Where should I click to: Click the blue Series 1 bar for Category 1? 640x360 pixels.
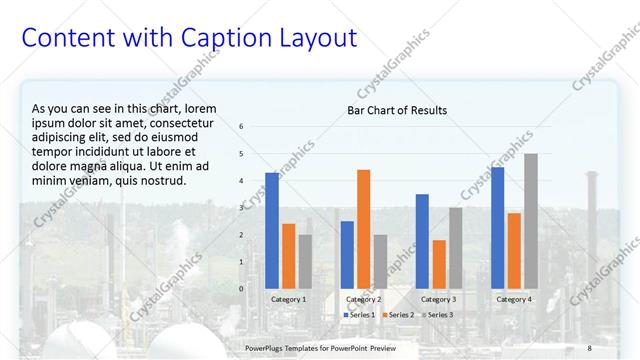pos(272,230)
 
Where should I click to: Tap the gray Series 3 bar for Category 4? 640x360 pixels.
pos(531,221)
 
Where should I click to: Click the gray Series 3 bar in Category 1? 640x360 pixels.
pos(305,261)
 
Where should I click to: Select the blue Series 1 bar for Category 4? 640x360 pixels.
pos(498,227)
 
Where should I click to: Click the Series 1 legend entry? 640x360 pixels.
pos(361,315)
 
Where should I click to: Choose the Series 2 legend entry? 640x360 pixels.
pos(400,315)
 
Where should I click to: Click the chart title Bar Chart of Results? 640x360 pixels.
pos(397,110)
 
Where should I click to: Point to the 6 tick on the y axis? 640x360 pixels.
pos(241,127)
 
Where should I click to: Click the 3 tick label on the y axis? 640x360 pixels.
pos(241,208)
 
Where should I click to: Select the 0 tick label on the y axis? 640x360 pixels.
pos(241,289)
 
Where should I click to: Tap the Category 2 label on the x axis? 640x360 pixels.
pos(363,300)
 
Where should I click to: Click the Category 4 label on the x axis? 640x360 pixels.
pos(514,300)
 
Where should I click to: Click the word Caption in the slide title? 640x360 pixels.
pos(223,39)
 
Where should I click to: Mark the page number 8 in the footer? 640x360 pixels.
pos(590,347)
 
